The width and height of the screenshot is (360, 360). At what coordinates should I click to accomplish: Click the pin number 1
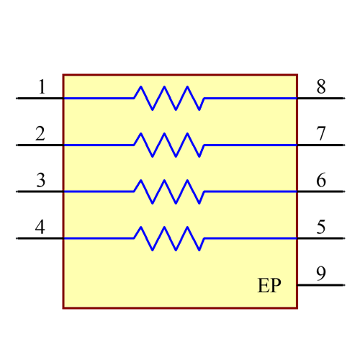pos(41,87)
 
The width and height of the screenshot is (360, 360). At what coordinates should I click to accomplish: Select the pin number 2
pos(40,134)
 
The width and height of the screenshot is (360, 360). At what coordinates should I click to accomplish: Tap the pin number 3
pos(40,180)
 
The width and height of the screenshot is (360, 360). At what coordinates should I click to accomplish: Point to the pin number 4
pos(40,228)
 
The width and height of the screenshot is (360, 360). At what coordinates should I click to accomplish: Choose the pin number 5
pos(321,228)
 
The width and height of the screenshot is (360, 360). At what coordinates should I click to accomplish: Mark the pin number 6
pos(321,180)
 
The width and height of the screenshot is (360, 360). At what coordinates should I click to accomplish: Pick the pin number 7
pos(321,134)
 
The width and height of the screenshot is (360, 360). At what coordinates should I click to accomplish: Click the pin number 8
pos(321,87)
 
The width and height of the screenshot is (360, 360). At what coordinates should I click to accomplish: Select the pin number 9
pos(321,274)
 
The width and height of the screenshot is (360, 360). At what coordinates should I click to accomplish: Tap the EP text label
pos(269,286)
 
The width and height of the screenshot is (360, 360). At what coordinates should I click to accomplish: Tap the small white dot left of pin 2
pos(17,145)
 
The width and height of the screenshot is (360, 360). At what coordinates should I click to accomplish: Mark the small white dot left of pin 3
pos(17,192)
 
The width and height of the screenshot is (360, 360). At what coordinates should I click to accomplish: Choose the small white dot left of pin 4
pos(17,238)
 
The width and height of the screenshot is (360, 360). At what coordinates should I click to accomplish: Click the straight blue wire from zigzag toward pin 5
pos(251,238)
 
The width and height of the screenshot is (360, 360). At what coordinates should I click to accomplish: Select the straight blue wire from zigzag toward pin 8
pos(251,98)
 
